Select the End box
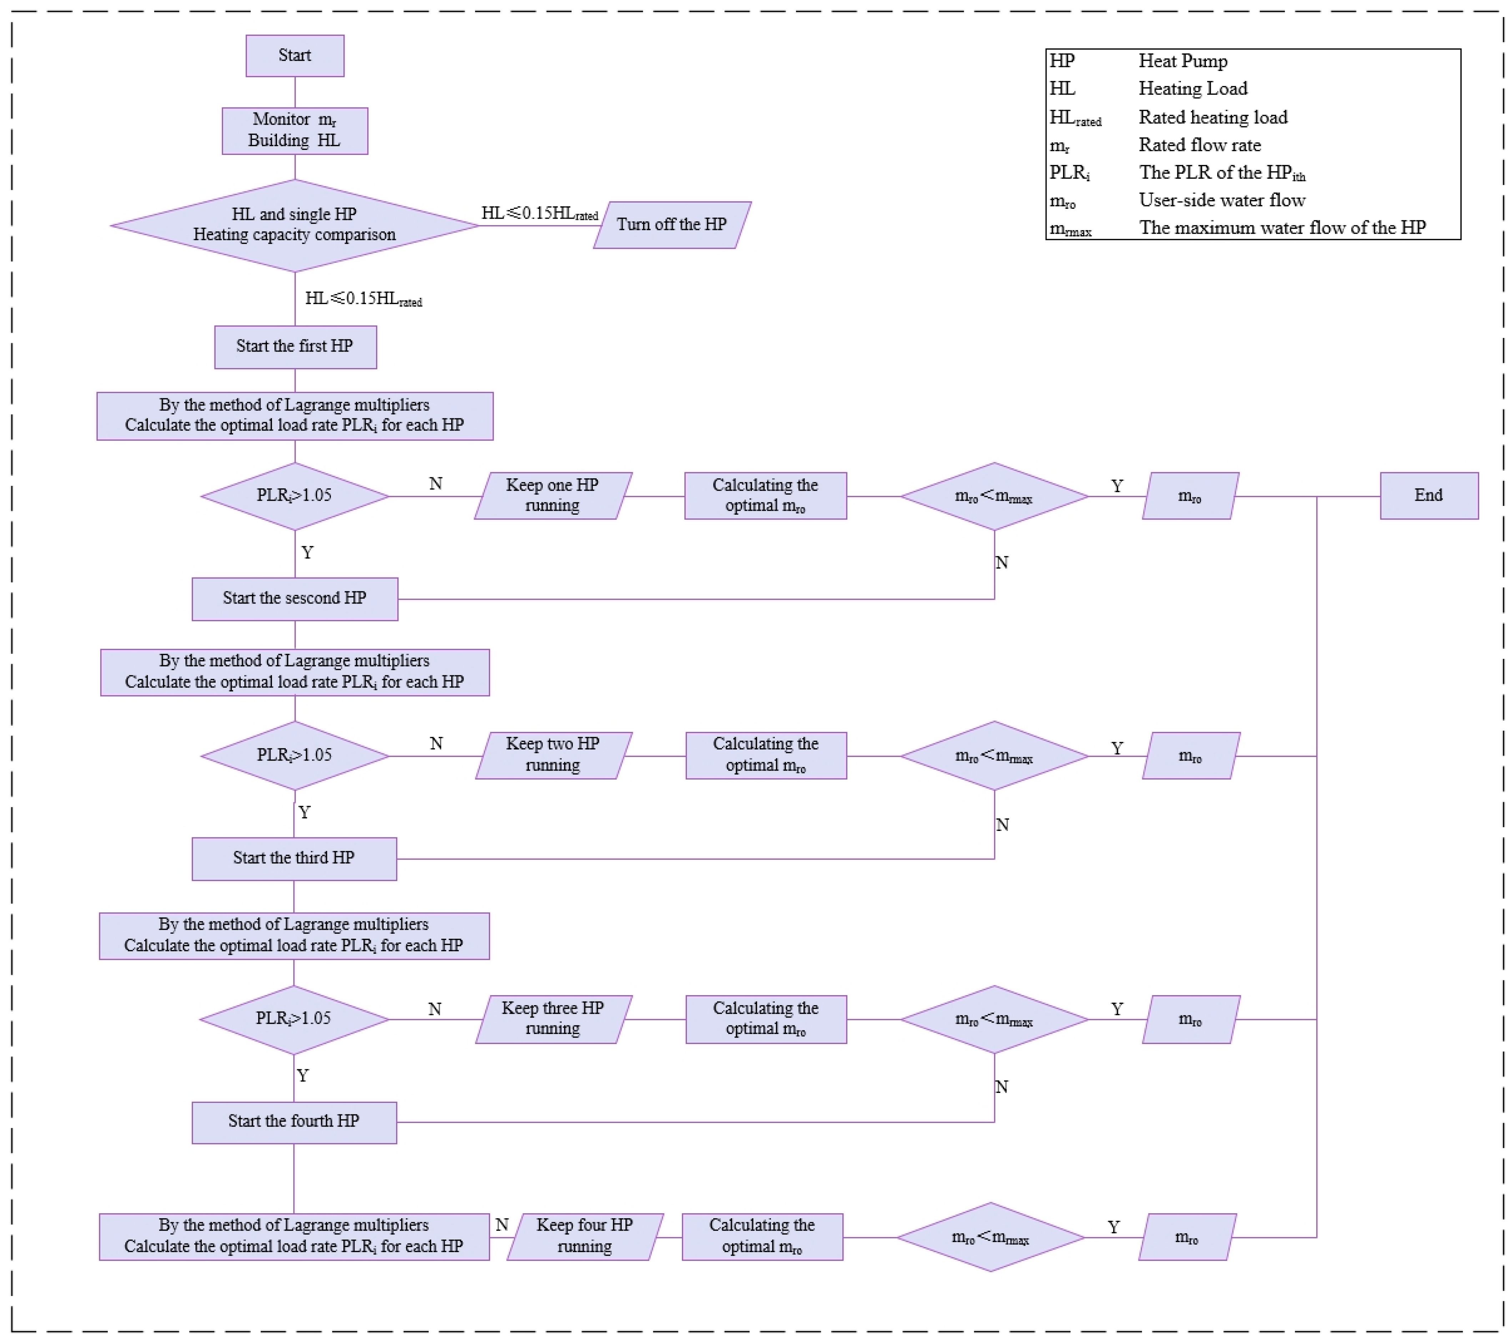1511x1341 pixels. pos(1428,495)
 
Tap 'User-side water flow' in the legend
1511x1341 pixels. pos(1221,200)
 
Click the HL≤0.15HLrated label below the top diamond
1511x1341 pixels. pos(363,299)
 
